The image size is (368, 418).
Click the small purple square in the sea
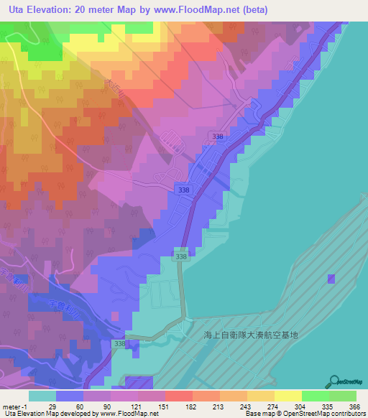[331, 279]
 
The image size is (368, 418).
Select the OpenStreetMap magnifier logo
[333, 381]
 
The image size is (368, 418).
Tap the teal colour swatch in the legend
[42, 396]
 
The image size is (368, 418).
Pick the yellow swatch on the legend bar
[287, 396]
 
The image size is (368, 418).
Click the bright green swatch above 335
[315, 396]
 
